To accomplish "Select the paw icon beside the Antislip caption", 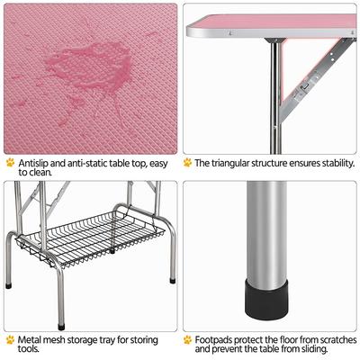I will click(10, 163).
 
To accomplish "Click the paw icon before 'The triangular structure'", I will click(187, 163).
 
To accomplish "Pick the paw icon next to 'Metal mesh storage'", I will click(10, 340).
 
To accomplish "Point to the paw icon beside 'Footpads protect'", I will click(187, 340).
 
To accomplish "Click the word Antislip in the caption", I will click(34, 163).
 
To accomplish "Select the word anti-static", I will click(88, 163).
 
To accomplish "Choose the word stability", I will click(331, 163).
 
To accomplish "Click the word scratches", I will click(331, 340).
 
